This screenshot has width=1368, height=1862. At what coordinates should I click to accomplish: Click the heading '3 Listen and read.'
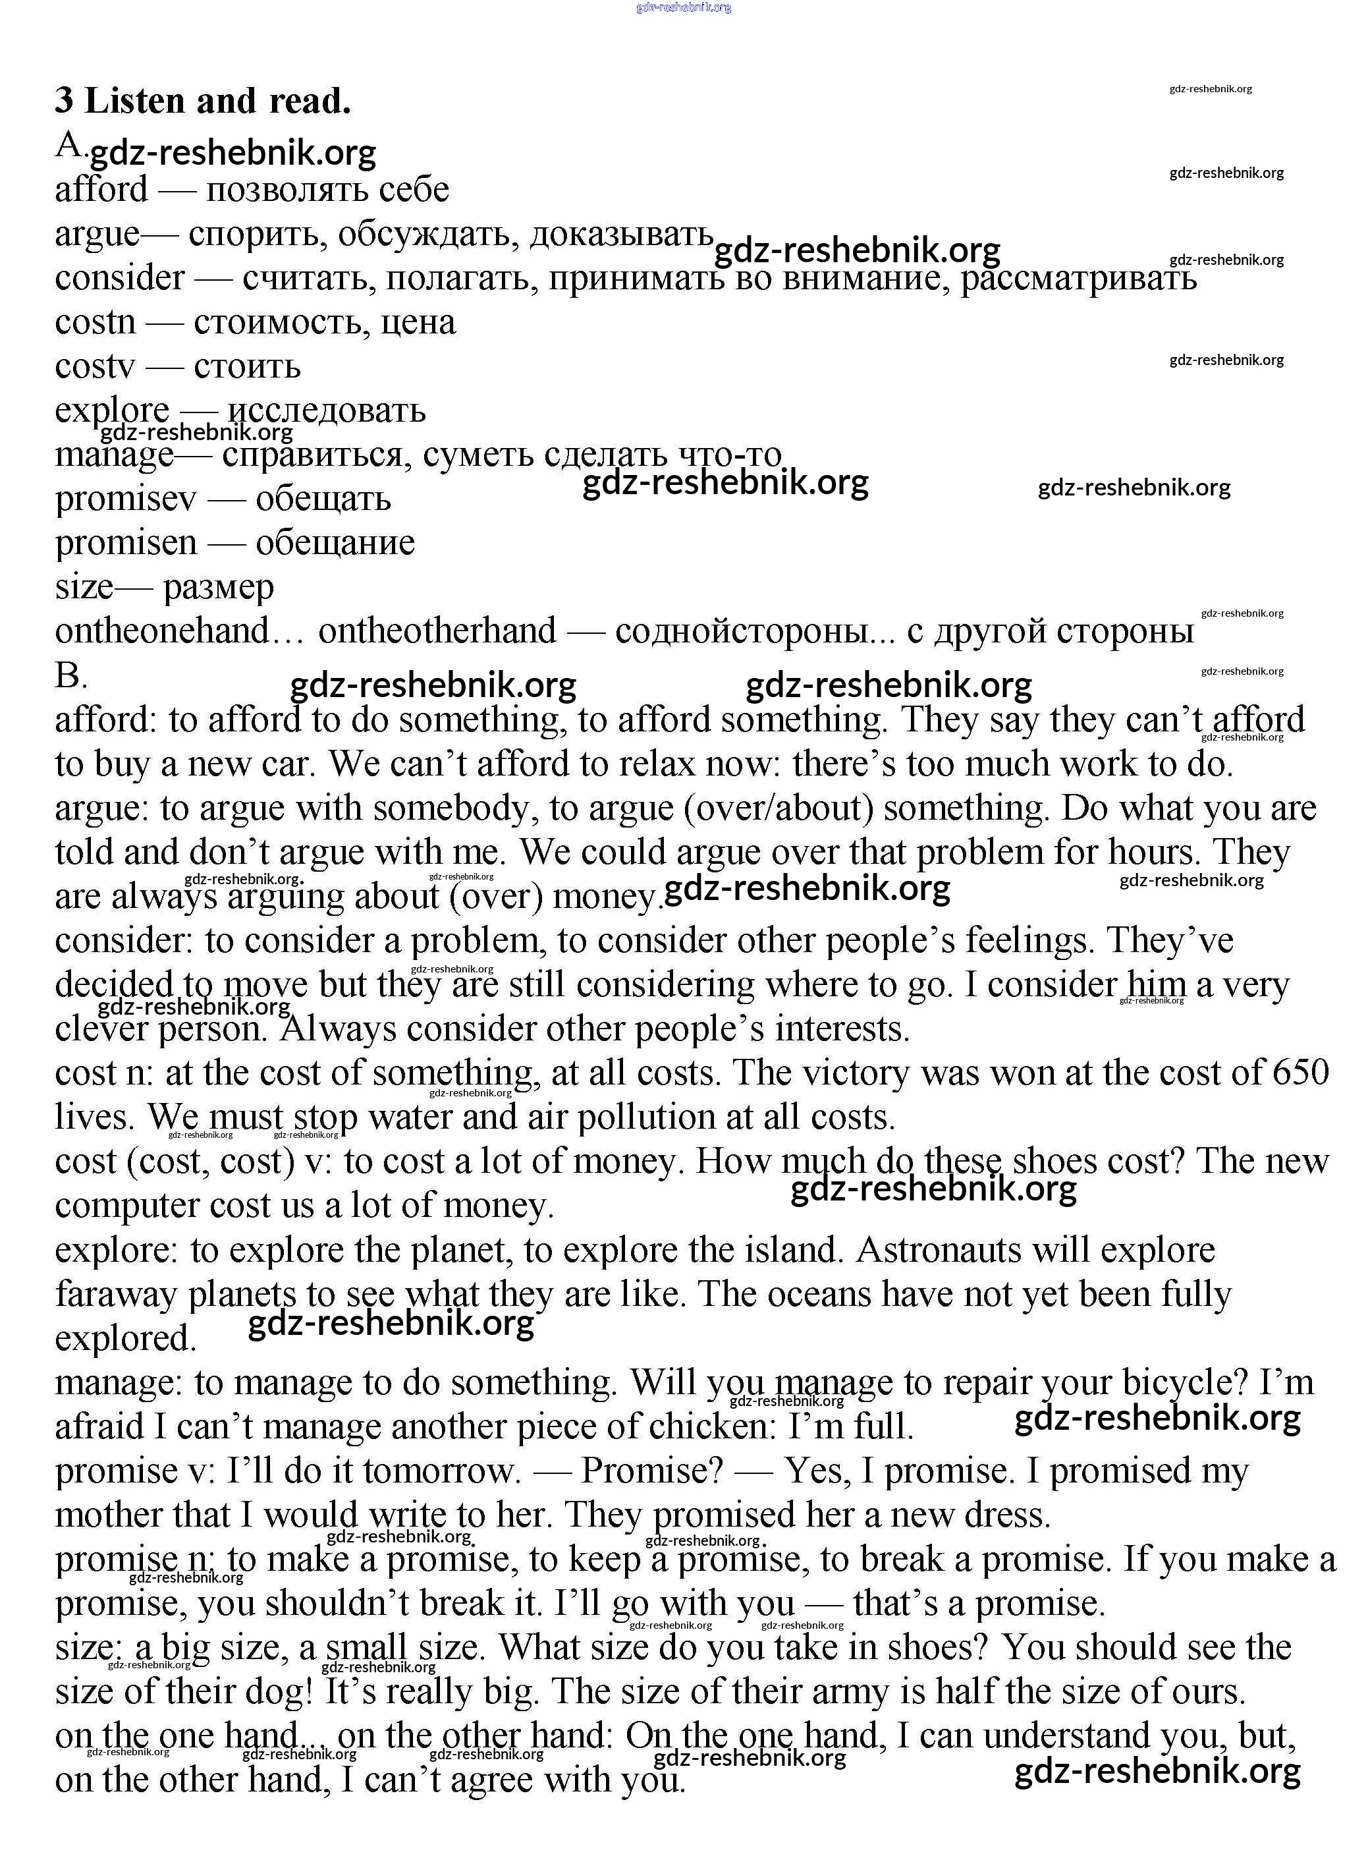click(x=203, y=101)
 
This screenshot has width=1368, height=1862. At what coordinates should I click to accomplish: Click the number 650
click(x=1301, y=1073)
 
